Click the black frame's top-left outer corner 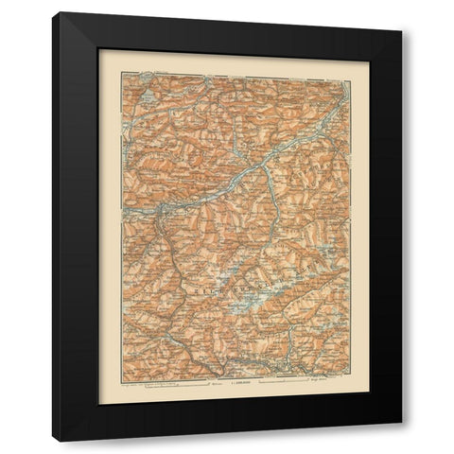point(53,12)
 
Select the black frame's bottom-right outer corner point(402,441)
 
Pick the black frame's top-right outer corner point(402,12)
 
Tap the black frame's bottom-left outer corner point(53,441)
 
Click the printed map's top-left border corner point(122,75)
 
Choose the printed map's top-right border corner point(352,75)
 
